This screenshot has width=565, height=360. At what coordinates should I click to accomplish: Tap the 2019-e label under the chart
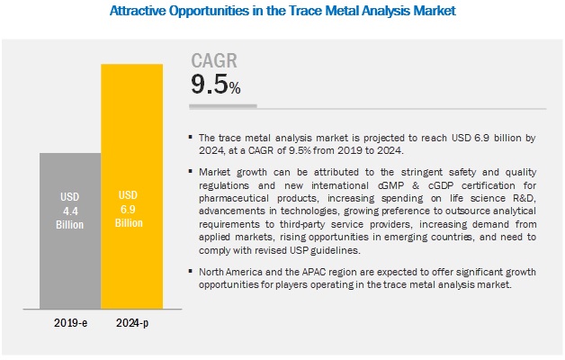(69, 320)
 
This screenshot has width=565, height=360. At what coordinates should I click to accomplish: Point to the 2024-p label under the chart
(131, 320)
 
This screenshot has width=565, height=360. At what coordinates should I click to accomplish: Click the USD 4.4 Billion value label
(69, 208)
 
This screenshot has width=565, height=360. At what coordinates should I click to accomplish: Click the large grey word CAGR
(215, 61)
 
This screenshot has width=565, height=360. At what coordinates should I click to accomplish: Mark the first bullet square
(190, 138)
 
